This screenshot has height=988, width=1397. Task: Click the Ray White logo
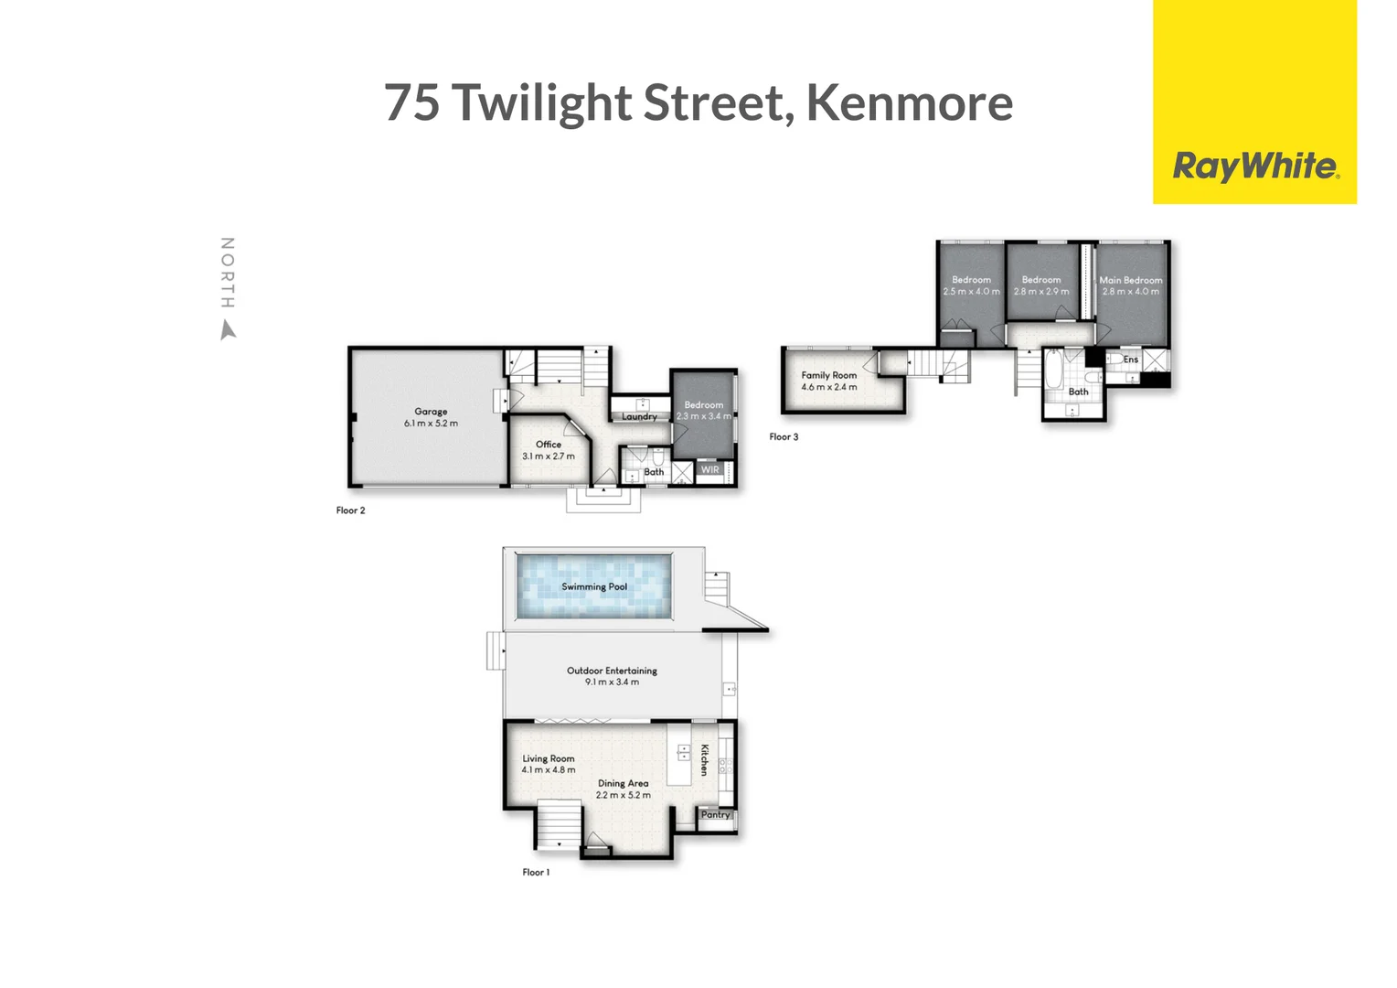pos(1254,166)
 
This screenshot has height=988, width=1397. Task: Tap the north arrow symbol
pos(229,329)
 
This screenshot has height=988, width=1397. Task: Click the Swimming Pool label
pos(594,586)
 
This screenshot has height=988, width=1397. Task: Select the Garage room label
pos(431,412)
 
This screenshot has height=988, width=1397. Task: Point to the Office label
pos(549,445)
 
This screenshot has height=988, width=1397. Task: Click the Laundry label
pos(639,417)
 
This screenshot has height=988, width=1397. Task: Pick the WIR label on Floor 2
pos(710,470)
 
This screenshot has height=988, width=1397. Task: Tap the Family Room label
pos(829,375)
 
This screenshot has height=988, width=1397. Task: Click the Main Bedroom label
pos(1131,280)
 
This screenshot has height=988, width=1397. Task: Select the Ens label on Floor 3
pos(1131,360)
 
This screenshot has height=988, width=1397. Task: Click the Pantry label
pos(716,815)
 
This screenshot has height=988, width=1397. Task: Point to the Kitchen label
pos(704,760)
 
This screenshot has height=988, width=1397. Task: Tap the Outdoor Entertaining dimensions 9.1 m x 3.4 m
pos(612,682)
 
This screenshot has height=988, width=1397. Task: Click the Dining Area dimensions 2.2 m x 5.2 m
pos(624,796)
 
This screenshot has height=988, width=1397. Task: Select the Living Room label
pos(549,758)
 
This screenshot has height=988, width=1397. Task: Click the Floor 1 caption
pos(536,873)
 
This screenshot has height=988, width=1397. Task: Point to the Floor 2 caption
pos(350,510)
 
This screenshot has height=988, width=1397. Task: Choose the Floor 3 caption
pos(784,437)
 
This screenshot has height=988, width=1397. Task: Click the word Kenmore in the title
pos(909,102)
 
